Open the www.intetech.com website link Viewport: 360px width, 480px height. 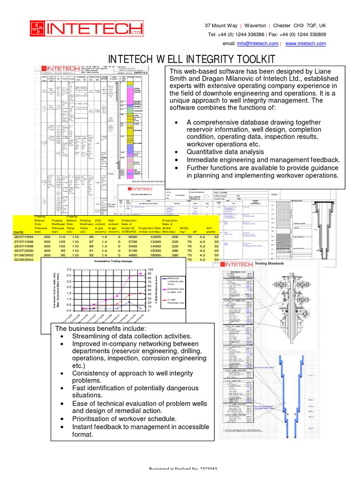(x=305, y=43)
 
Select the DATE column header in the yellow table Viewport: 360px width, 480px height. (x=18, y=232)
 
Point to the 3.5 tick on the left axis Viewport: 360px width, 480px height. (x=70, y=270)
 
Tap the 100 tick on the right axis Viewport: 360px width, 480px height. (x=150, y=270)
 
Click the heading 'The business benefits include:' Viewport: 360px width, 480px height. (x=101, y=328)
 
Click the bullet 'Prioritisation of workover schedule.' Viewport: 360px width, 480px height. (x=124, y=418)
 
